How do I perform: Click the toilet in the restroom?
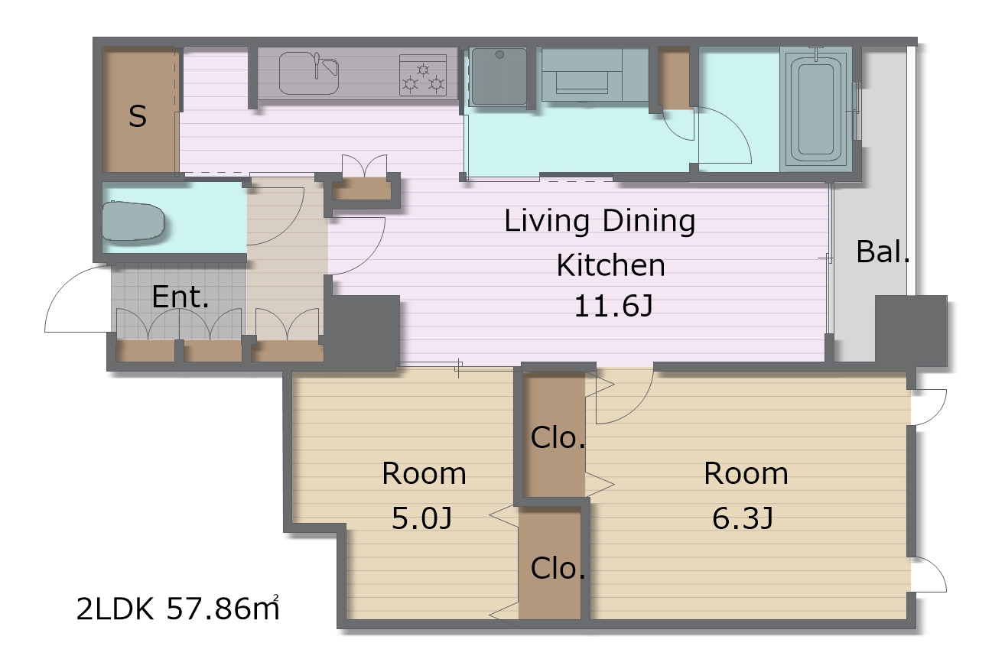[x=133, y=221]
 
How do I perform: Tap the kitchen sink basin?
[x=309, y=73]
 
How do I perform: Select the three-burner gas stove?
[x=423, y=75]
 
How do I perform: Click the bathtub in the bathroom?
[x=816, y=110]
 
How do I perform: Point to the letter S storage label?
[x=138, y=116]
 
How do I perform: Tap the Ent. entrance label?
[x=181, y=297]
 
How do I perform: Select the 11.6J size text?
[x=613, y=306]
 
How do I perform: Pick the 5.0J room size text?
[x=421, y=518]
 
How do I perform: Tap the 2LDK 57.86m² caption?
[x=177, y=609]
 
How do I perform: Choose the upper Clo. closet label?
[x=558, y=438]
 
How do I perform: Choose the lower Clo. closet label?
[x=558, y=568]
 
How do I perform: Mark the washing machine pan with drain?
[x=499, y=77]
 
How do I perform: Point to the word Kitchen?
[x=610, y=265]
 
